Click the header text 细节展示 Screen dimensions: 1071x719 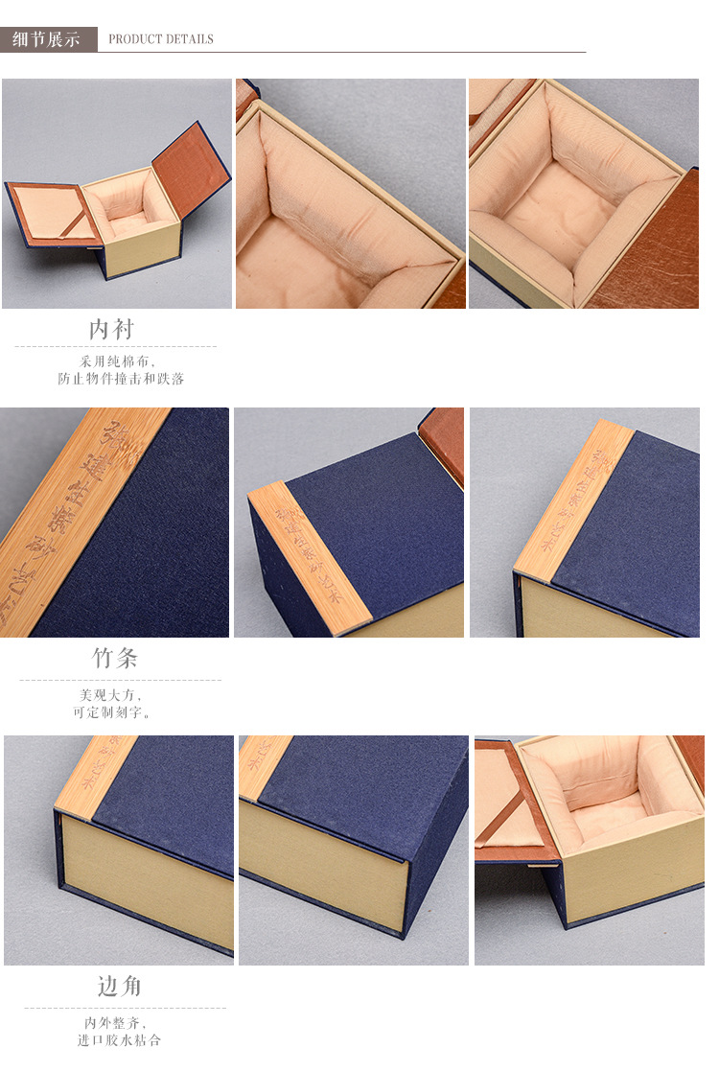[x=46, y=39]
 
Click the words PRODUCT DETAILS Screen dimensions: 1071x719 [x=160, y=39]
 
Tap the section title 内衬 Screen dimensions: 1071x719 [x=112, y=330]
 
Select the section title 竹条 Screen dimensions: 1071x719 [x=115, y=659]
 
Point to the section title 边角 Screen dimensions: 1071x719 [x=120, y=987]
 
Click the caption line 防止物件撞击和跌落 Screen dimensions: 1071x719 [x=120, y=379]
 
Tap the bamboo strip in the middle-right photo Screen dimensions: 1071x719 [x=575, y=499]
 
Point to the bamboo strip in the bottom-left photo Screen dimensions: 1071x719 [x=96, y=777]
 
